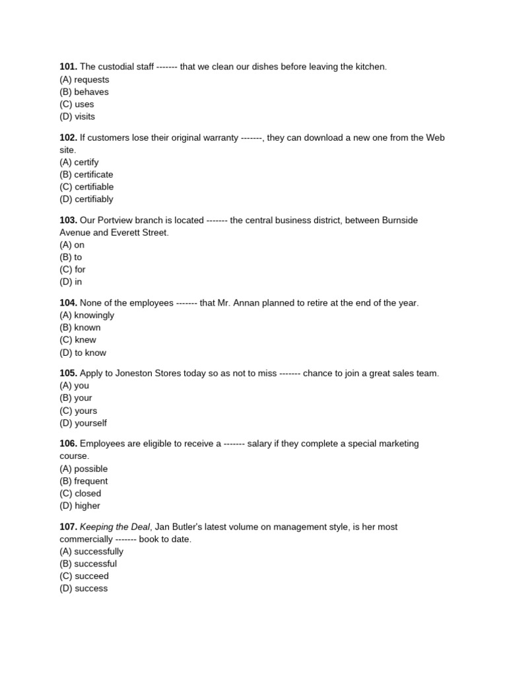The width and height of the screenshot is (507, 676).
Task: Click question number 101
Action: (x=69, y=67)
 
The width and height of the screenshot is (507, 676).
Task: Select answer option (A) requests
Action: (x=84, y=79)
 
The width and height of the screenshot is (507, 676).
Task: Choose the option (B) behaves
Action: (x=84, y=92)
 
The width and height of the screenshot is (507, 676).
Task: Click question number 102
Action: (x=69, y=137)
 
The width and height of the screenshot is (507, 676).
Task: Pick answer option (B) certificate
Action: (x=86, y=174)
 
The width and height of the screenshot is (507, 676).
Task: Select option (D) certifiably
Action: (x=86, y=199)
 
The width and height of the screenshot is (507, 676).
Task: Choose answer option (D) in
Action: (x=71, y=282)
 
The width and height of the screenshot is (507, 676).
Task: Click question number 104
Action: (x=69, y=302)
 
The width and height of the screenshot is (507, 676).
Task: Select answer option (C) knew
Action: (x=78, y=340)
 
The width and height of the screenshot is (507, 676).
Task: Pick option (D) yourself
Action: (x=83, y=422)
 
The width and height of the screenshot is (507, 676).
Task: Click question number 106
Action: (x=69, y=444)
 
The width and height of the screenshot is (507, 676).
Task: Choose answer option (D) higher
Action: (x=80, y=506)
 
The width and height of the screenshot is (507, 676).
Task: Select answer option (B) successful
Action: (x=88, y=564)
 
